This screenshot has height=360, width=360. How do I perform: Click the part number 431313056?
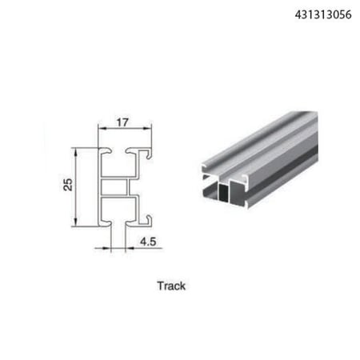[x=323, y=14]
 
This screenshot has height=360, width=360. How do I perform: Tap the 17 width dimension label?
[x=122, y=122]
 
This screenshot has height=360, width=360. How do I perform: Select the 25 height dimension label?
[x=68, y=185]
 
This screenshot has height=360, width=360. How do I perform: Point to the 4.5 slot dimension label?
[x=148, y=242]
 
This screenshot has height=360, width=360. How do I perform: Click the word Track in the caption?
[x=171, y=286]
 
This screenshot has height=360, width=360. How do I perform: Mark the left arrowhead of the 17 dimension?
[x=102, y=129]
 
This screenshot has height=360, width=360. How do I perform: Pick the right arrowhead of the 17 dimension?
[x=147, y=129]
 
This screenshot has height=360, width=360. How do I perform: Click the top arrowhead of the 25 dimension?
[x=76, y=152]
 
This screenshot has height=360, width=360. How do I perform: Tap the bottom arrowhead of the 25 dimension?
[x=76, y=222]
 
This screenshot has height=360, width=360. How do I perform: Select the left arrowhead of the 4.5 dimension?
[x=106, y=249]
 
